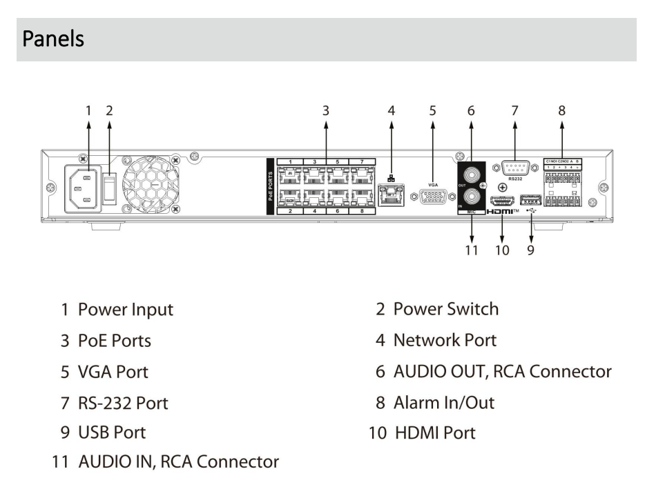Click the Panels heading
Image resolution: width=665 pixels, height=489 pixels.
pos(53,39)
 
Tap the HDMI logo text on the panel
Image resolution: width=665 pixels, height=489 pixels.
pos(501,212)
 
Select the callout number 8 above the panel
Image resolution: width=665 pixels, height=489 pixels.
pos(561,110)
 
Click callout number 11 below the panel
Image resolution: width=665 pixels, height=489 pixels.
pos(472,250)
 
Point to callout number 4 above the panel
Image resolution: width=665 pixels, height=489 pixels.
pos(391,110)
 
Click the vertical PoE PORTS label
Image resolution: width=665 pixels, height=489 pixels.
pos(271,186)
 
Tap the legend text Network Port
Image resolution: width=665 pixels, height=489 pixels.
pos(445,339)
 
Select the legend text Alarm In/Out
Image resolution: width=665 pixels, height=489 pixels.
pos(443,402)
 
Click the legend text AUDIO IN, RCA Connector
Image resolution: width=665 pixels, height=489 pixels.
pos(178,461)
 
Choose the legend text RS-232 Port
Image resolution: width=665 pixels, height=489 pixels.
pos(123,403)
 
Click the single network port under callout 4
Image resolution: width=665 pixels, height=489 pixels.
pos(392,194)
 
